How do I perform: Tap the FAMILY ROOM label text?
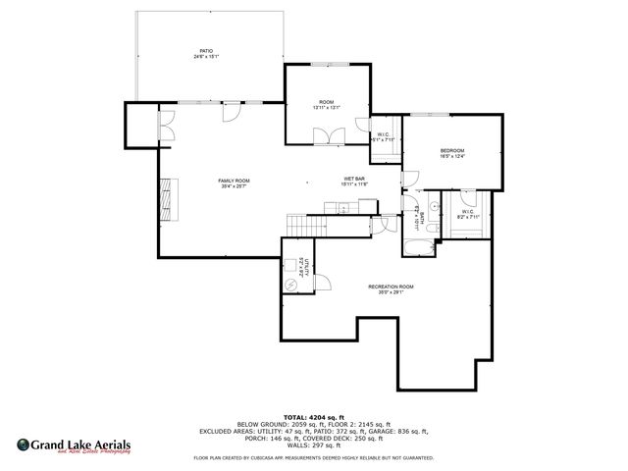pos(234,182)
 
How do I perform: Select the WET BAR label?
pos(354,180)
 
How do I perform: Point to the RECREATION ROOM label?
pos(391,288)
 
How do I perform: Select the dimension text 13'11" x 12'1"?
pos(327,108)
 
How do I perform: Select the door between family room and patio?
pos(230,113)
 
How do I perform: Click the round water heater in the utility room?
pos(291,285)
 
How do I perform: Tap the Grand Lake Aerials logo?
pos(73,445)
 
